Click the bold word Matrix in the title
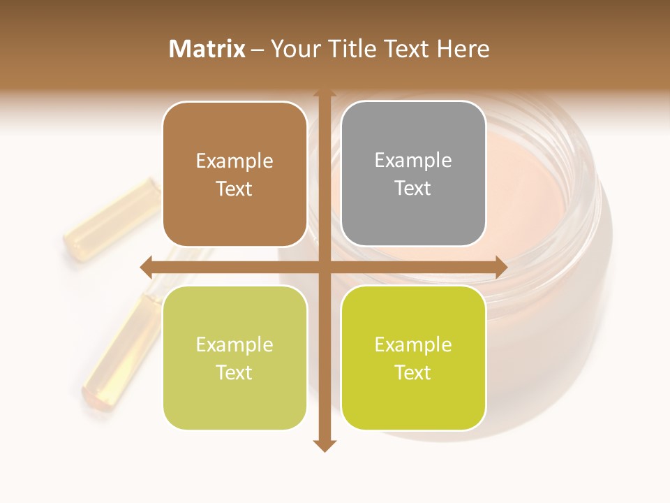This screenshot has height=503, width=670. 207,49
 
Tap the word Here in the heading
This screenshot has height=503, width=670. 463,49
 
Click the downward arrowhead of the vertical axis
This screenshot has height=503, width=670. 325,445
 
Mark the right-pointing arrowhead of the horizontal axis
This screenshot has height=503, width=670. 500,267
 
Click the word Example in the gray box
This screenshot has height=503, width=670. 413,161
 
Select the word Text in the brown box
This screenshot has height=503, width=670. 234,189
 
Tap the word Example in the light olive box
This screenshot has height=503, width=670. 234,344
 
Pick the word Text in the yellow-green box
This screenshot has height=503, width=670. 413,373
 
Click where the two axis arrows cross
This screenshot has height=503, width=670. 325,267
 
